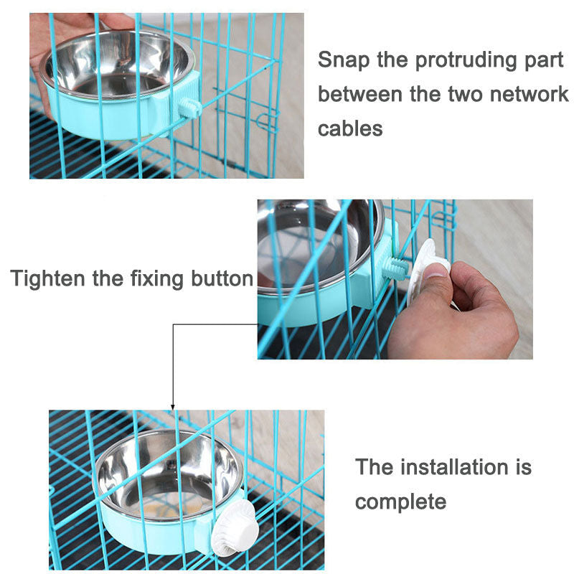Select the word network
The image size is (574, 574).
529,94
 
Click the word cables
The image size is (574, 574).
350,128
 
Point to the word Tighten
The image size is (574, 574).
47,278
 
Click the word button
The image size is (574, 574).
222,278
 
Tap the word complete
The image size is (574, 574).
400,502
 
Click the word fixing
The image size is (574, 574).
156,278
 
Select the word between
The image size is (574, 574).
360,94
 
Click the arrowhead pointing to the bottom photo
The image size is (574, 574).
173,407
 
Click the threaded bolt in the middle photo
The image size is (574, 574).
395,269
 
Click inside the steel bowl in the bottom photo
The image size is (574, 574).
168,476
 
